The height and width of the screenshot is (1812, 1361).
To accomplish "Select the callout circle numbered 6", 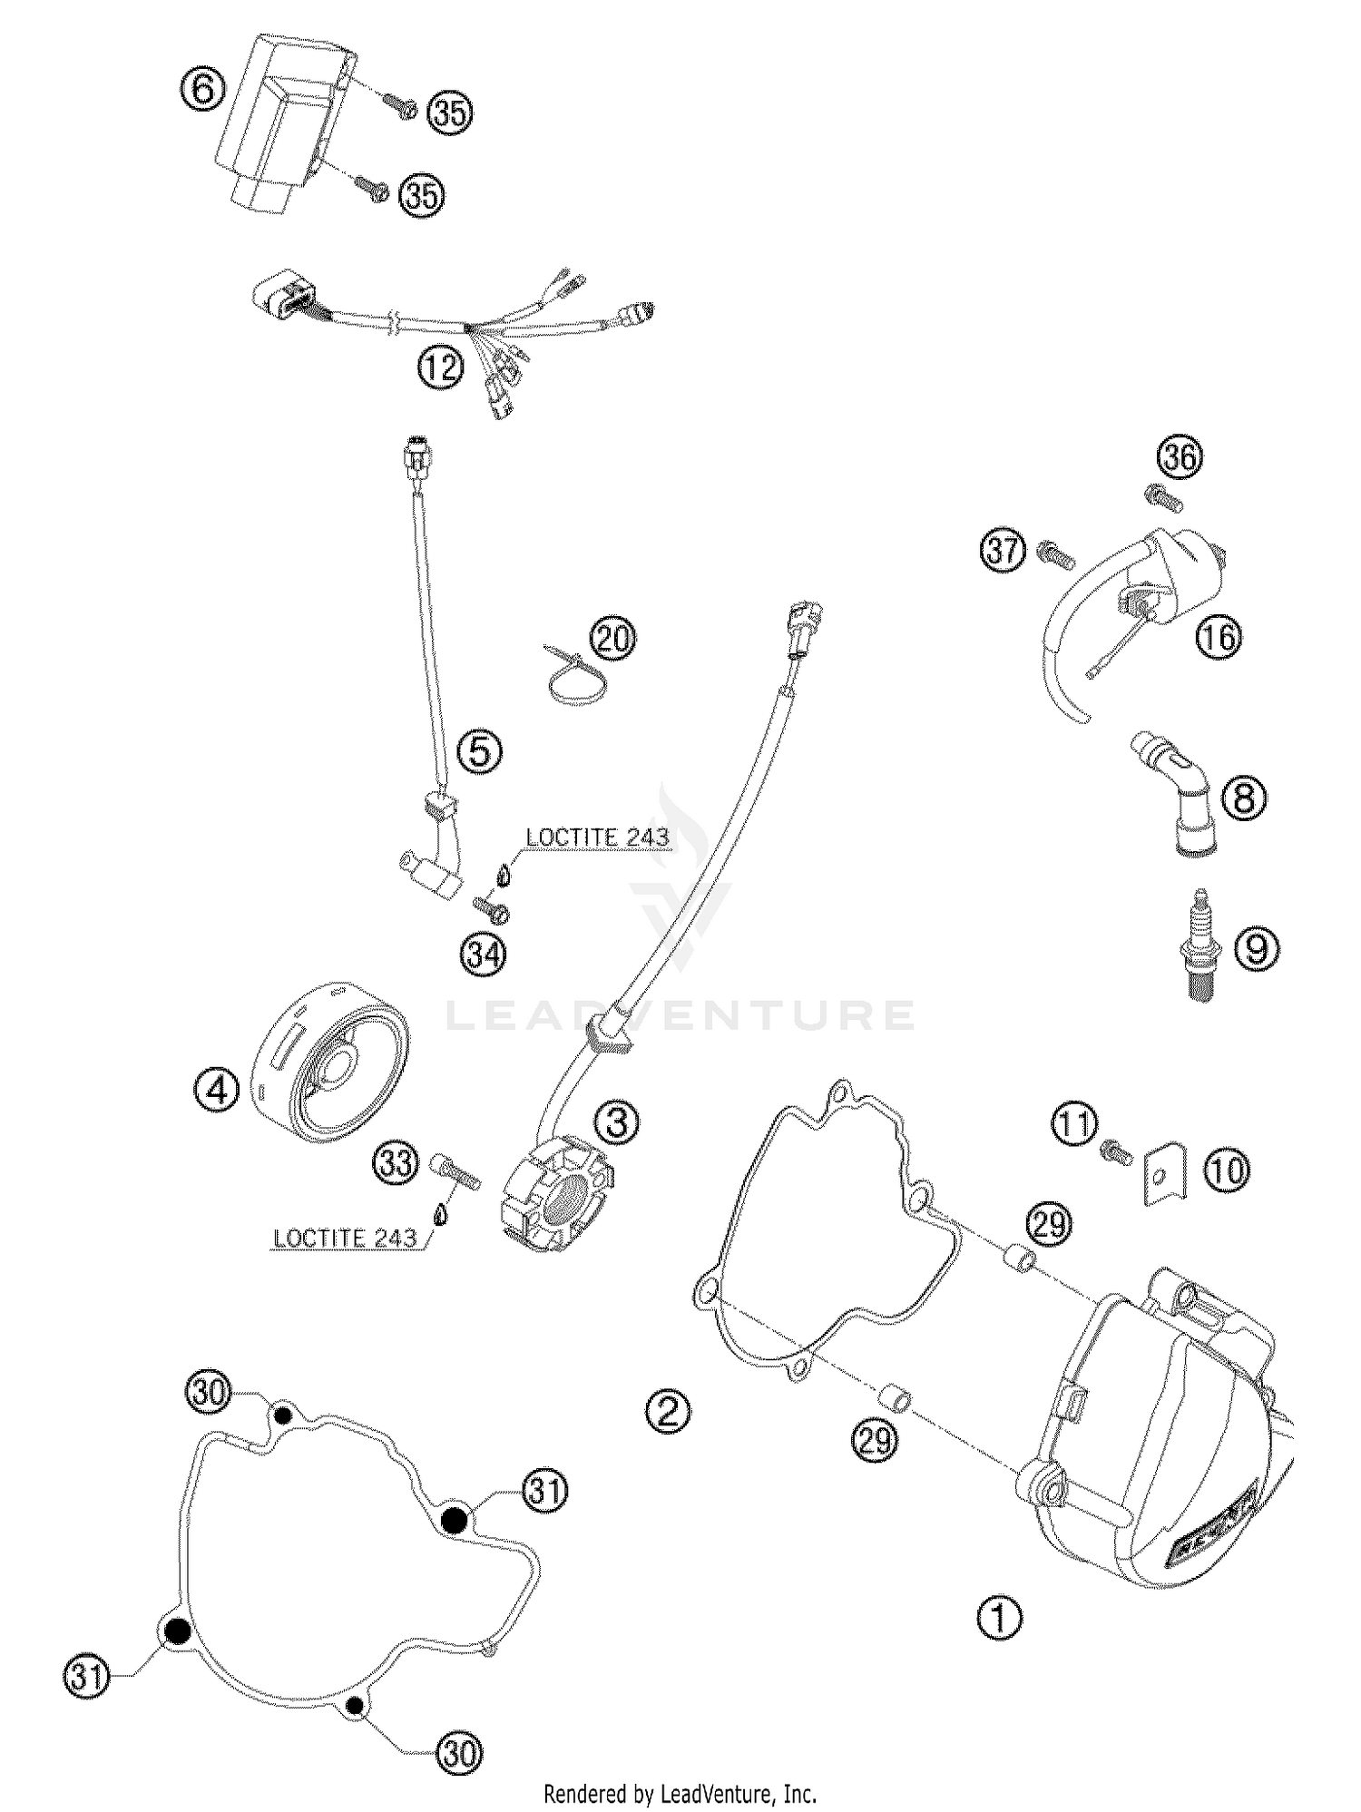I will (x=202, y=90).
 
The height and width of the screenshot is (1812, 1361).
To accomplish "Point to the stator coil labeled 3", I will (x=555, y=1200).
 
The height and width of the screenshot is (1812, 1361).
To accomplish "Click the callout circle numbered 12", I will (x=440, y=367).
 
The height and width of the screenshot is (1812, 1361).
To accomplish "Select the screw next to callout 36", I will (x=1159, y=495).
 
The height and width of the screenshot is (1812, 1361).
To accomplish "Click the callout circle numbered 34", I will (x=483, y=955).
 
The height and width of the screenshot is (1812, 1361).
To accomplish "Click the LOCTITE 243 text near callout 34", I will (x=597, y=837).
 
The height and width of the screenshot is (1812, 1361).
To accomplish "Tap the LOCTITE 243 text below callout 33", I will (x=345, y=1238).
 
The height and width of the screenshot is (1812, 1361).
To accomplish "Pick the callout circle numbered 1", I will (x=999, y=1618).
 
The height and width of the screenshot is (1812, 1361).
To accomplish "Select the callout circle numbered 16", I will (x=1218, y=636).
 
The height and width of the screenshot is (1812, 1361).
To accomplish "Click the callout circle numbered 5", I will (x=480, y=750).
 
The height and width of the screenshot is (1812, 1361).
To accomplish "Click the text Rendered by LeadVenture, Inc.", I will (x=680, y=1792).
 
